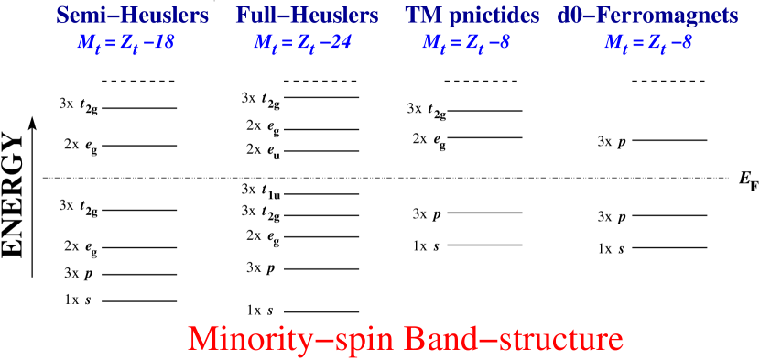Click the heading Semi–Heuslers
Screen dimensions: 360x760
132,16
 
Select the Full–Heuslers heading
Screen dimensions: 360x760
307,16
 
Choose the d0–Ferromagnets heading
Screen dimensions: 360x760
647,16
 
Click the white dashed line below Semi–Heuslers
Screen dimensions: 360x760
142,82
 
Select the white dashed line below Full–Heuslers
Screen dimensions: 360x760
324,82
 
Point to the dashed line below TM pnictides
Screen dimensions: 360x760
484,82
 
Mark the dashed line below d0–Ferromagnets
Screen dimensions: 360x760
672,82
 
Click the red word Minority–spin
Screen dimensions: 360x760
281,339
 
